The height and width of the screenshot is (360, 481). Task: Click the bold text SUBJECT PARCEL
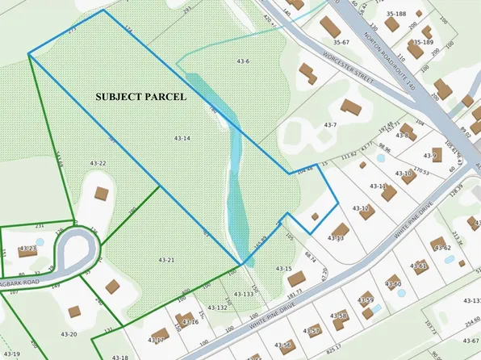(140, 96)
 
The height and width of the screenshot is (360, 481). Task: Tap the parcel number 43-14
(182, 139)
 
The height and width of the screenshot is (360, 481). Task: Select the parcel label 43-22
(98, 163)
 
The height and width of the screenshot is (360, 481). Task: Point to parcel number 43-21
(166, 260)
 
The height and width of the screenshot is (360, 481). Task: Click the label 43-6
(243, 61)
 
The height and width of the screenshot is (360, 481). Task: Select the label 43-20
(68, 334)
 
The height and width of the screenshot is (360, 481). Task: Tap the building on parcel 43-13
(340, 231)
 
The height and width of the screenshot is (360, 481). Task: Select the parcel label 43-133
(244, 295)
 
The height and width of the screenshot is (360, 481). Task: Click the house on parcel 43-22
(101, 194)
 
